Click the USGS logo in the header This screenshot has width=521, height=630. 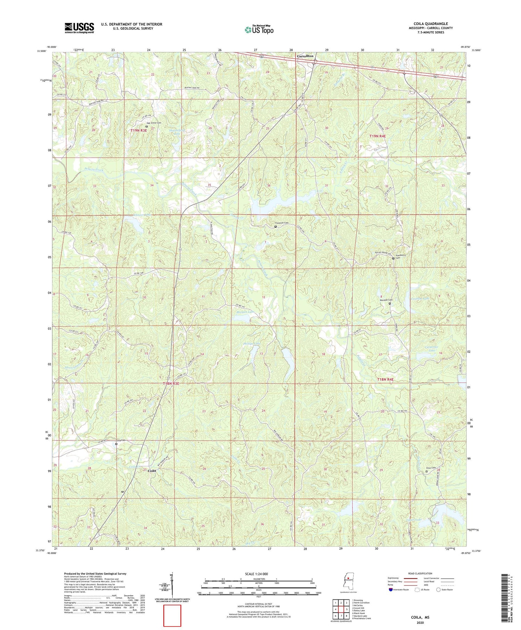pyautogui.click(x=79, y=28)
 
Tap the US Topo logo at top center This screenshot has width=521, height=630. pyautogui.click(x=259, y=30)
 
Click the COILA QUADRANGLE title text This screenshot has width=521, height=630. pyautogui.click(x=430, y=24)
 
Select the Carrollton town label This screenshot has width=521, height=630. pyautogui.click(x=305, y=56)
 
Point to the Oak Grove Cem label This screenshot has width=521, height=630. pyautogui.click(x=154, y=123)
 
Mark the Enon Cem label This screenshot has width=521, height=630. pyautogui.click(x=431, y=468)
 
